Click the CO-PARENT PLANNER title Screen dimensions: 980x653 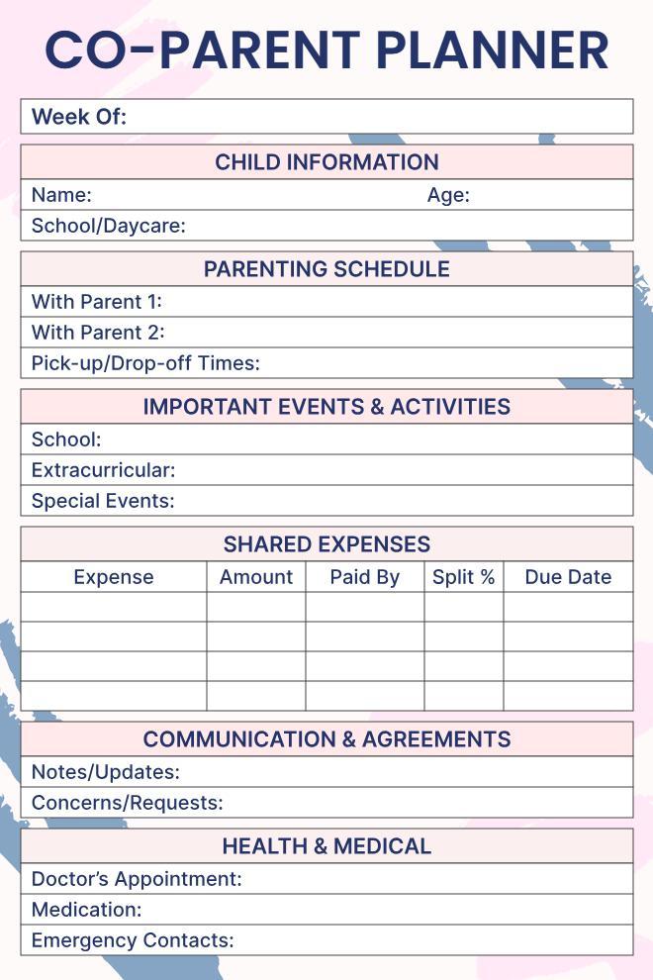point(326,49)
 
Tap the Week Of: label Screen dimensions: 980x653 point(79,117)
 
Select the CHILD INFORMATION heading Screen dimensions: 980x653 point(326,162)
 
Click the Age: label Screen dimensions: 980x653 point(448,195)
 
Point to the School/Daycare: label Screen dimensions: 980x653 point(109,226)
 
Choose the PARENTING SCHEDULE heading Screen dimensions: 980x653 point(326,269)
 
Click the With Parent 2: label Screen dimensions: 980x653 point(98,332)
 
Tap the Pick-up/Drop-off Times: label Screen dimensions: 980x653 point(145,362)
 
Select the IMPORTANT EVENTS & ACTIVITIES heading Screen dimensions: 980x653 point(326,407)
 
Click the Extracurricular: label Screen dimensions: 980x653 point(103,470)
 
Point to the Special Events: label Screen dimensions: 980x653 point(103,501)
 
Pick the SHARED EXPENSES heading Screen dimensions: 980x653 point(326,544)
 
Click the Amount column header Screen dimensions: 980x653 point(256,577)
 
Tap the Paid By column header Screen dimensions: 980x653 point(364,577)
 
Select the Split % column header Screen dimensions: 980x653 point(463,577)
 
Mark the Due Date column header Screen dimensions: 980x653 point(568,577)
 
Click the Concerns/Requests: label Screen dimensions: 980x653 point(127,803)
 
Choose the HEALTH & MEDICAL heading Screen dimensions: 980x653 point(326,846)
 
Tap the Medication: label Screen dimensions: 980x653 point(87,909)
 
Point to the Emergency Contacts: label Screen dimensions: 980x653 point(133,939)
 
